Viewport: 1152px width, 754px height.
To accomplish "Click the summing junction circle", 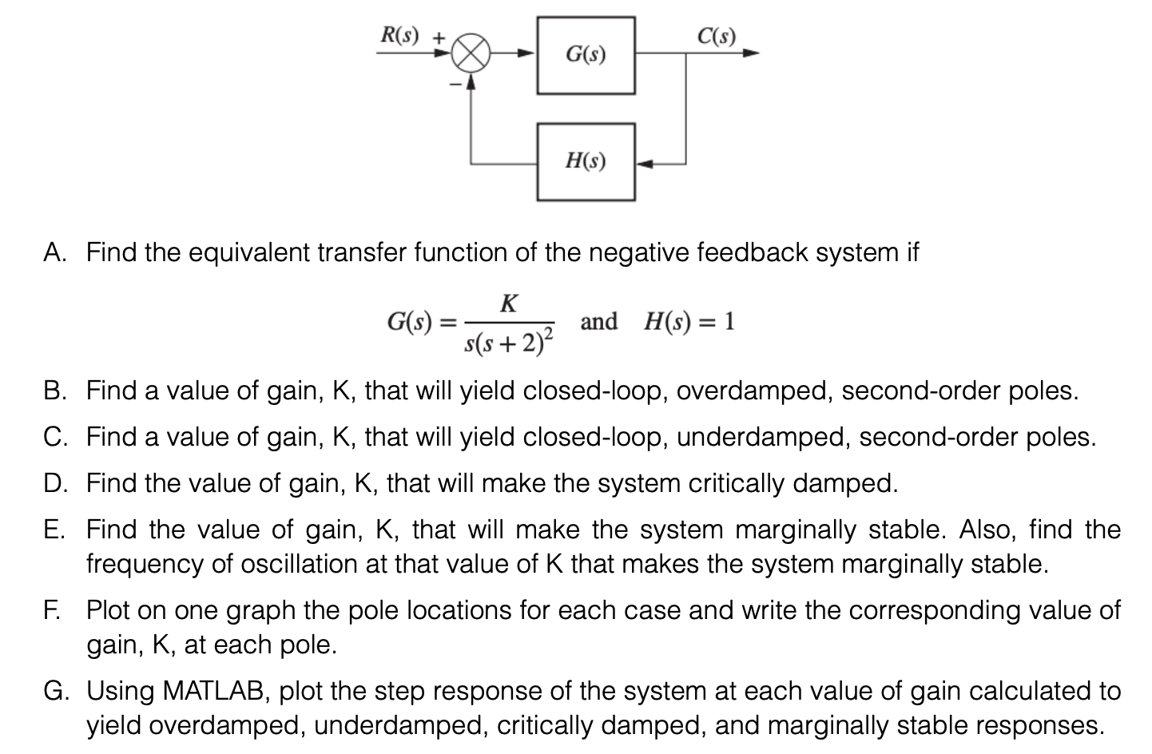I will pos(471,55).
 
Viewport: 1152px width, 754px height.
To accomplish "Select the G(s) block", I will pos(586,55).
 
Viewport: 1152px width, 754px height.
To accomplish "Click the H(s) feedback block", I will pos(586,161).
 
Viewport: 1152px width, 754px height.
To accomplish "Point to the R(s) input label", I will pos(399,35).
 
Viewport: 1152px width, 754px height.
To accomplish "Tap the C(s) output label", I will pos(715,36).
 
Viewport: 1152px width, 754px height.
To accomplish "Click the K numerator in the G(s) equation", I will pos(508,304).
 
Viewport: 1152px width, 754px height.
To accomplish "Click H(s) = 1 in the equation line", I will pos(689,322).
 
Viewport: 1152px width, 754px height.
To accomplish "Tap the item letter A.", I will pos(54,253).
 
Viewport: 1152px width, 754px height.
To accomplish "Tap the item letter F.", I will pos(52,610).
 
